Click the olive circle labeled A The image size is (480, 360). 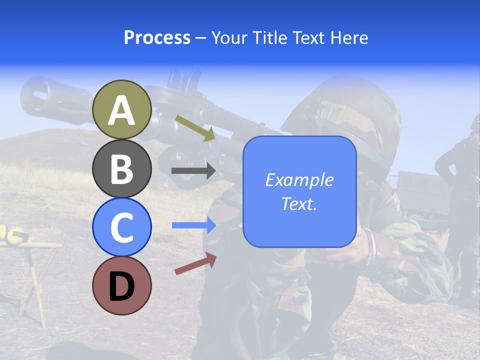pos(122,109)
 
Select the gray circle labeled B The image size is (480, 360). pos(122,168)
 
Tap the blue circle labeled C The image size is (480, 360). pos(122,227)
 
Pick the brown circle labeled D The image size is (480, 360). pos(122,285)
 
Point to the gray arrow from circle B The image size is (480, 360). pos(193,171)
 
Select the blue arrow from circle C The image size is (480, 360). pos(194,225)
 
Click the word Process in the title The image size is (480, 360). pos(157,37)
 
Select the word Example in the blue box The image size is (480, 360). pos(299,180)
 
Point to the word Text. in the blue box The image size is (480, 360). pos(299,203)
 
